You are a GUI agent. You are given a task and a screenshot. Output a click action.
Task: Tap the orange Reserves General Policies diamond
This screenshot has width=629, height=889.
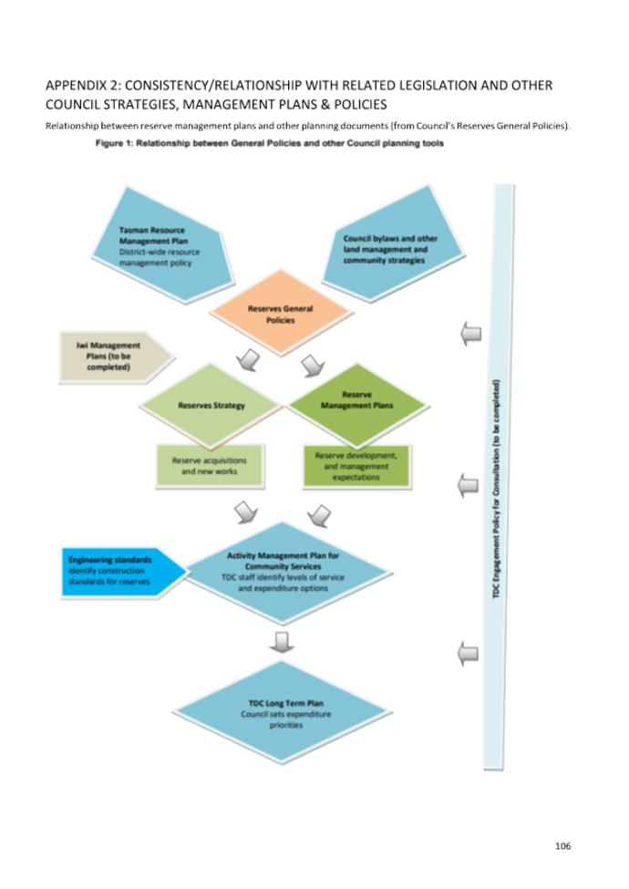tap(280, 314)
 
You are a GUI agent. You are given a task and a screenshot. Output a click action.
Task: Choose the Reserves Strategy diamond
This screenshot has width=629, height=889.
tap(211, 405)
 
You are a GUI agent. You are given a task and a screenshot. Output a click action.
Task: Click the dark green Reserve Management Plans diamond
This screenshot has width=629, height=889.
tap(356, 401)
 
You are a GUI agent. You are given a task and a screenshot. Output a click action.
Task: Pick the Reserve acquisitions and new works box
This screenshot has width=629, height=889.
tap(209, 466)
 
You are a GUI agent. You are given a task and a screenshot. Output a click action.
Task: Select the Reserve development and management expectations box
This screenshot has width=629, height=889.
tap(356, 465)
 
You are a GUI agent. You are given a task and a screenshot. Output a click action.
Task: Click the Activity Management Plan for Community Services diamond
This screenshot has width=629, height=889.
tap(281, 572)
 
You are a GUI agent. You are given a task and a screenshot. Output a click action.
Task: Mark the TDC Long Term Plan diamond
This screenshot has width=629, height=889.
tap(280, 713)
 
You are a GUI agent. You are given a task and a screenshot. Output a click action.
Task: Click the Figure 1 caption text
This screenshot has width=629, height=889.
tap(269, 145)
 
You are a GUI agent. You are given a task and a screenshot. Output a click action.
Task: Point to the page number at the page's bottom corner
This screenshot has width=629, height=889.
tap(562, 846)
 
